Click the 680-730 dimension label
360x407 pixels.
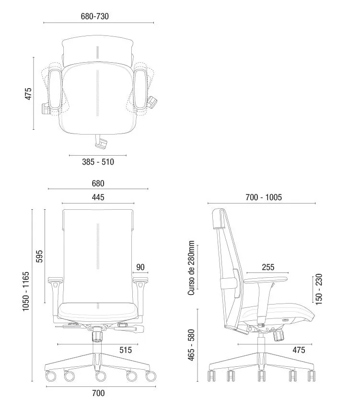point(94,16)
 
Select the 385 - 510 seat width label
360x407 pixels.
point(98,162)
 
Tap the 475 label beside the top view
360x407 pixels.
point(28,94)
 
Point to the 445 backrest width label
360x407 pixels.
point(98,197)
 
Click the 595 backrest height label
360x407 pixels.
point(39,257)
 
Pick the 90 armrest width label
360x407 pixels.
point(140,267)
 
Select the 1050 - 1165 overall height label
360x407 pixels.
point(26,291)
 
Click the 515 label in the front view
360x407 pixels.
point(126,350)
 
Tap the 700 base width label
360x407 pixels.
point(98,393)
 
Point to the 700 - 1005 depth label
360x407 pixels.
point(264,197)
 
